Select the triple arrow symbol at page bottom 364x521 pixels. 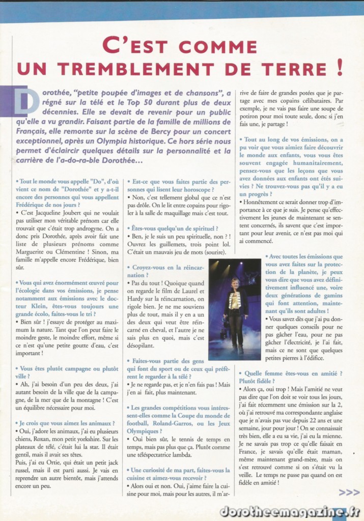point(349,492)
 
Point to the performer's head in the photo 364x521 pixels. point(235,283)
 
